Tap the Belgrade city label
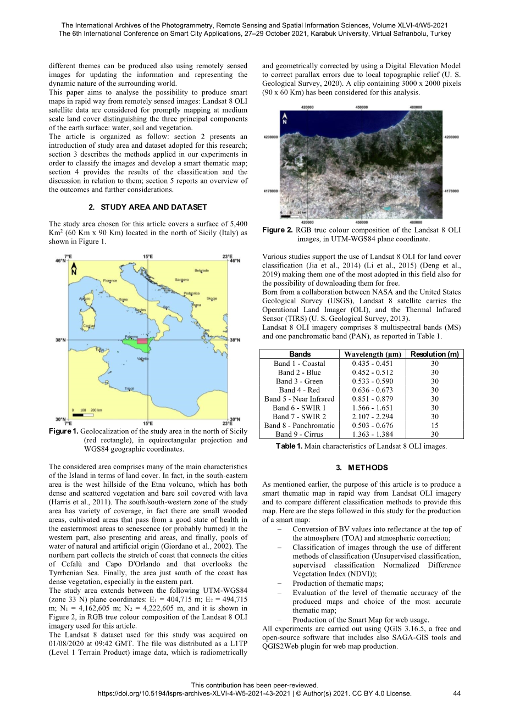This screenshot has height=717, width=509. point(202,270)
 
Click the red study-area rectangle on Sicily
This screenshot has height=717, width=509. point(142,341)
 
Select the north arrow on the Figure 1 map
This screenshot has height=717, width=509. point(74,269)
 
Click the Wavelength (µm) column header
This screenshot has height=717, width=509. point(372,354)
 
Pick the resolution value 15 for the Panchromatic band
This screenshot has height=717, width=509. point(434,425)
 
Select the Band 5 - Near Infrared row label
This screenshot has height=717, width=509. point(299,399)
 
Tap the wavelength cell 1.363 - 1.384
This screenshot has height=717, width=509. point(372,434)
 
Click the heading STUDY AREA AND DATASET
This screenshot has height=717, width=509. point(148,207)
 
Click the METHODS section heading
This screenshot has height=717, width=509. point(361,468)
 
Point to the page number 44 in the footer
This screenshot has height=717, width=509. point(457,693)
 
